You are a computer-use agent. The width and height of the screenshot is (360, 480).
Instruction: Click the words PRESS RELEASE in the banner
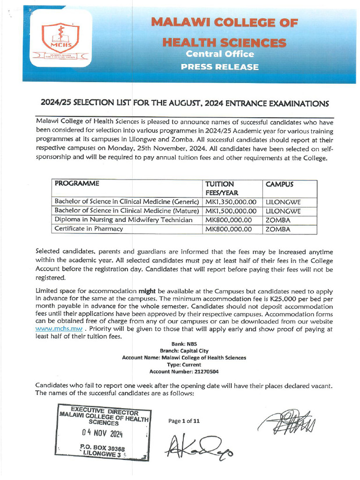tap(220, 67)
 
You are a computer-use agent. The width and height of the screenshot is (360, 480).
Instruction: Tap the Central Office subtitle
tap(220, 54)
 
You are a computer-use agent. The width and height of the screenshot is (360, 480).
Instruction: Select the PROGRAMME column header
tap(74, 184)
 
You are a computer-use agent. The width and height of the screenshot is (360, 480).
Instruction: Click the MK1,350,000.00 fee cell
tap(231, 202)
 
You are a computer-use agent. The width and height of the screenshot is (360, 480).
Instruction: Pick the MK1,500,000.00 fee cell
tap(231, 211)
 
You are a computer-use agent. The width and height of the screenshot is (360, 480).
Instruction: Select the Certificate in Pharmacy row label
tap(89, 229)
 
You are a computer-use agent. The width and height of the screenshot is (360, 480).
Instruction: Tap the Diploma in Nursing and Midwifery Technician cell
tap(123, 220)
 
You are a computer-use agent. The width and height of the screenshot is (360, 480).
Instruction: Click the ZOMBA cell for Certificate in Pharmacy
tap(278, 229)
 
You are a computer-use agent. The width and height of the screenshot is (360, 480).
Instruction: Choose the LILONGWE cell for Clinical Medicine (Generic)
tap(283, 202)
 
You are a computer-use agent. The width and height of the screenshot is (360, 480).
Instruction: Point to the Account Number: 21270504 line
tap(184, 371)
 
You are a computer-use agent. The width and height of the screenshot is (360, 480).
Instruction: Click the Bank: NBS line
tap(184, 344)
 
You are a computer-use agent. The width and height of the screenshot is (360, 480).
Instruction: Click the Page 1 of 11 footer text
tap(184, 421)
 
